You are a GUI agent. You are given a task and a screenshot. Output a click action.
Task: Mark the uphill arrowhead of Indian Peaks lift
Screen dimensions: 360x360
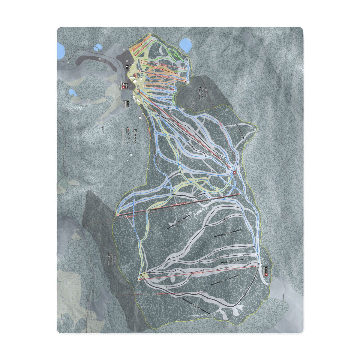pos(239,194)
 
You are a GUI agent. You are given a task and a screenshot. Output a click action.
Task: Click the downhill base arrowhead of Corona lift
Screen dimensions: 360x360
pos(140,274)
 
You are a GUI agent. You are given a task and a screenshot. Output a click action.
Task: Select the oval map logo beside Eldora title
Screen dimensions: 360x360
pos(128,128)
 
